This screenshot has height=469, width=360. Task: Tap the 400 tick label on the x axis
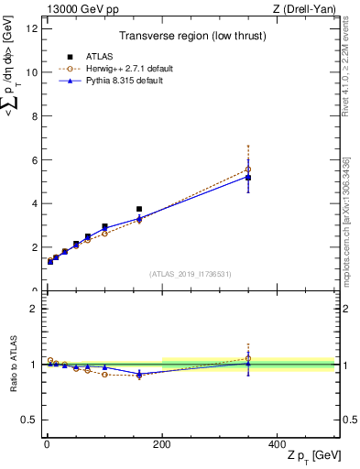(277, 443)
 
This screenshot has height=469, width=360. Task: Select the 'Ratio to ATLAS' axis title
(12, 364)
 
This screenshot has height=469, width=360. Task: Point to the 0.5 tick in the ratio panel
(29, 420)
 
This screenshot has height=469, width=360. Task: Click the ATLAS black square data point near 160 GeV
(139, 209)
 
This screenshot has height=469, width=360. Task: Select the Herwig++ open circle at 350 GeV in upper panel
(248, 169)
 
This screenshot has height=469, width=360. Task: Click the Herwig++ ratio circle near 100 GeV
(104, 375)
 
